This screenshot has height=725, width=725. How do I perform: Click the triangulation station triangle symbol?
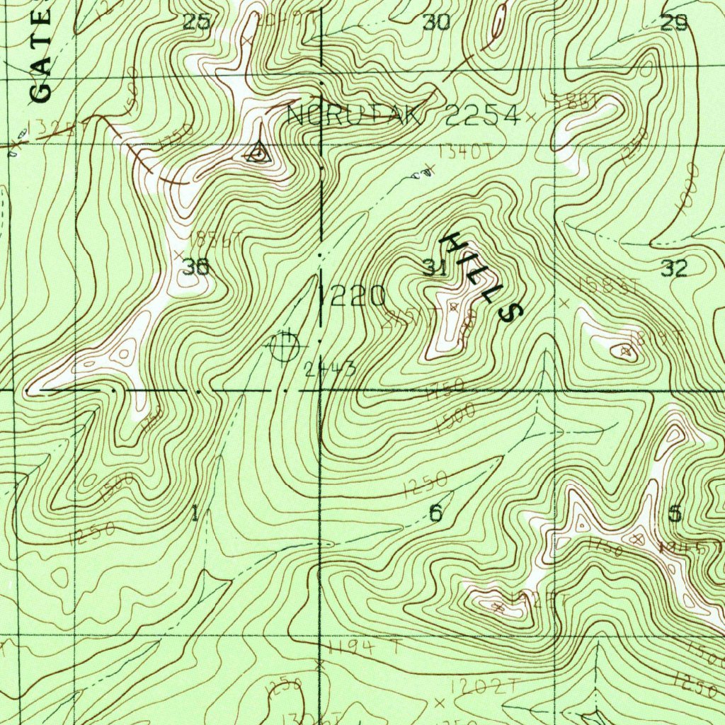point(258,152)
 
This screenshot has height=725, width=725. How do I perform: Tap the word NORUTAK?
point(356,116)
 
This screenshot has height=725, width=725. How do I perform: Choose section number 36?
point(195,268)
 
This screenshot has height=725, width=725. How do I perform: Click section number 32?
point(674,268)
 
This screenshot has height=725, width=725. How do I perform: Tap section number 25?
point(197,23)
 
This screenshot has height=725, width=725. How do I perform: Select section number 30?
point(436,23)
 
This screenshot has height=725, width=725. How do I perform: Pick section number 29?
point(674,23)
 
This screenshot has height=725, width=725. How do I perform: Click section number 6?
point(435,513)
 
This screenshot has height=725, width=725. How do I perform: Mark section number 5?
point(675,513)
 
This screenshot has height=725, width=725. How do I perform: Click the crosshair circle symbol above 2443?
point(285,346)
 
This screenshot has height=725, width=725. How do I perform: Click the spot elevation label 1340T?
point(465,151)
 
